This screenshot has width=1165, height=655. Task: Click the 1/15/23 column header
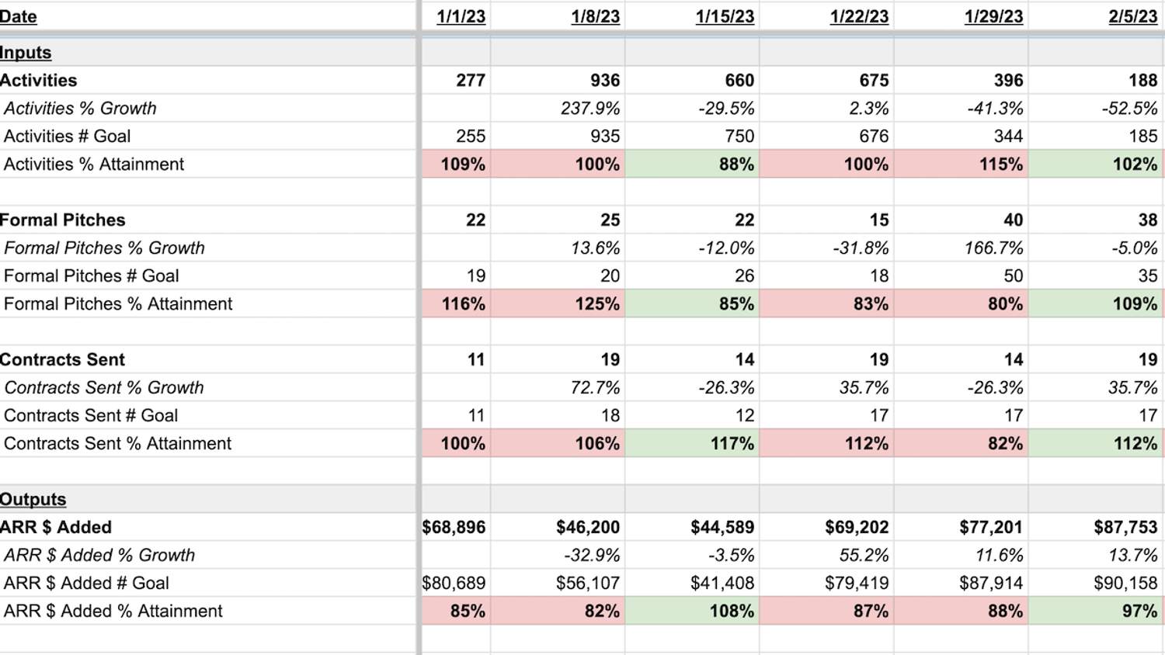coord(724,17)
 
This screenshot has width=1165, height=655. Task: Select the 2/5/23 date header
coord(1132,17)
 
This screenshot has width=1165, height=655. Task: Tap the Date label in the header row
coord(19,17)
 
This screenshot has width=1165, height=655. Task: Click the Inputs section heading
coord(26,53)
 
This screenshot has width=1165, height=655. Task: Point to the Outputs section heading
coord(33,500)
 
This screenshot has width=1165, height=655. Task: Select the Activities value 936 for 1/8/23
coord(604,81)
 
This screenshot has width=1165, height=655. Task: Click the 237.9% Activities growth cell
coord(590,109)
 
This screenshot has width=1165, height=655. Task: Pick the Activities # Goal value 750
coord(739,137)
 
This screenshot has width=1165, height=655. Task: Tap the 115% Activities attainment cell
coord(1000,165)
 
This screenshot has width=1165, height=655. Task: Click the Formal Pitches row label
coord(63,220)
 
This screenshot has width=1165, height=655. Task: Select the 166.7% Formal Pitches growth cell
coord(989,248)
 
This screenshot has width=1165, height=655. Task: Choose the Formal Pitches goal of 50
coord(1013,276)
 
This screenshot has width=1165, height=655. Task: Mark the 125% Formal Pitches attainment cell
coord(596,304)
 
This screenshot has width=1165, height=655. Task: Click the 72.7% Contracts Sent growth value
coord(595,388)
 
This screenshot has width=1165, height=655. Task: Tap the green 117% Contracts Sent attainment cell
coord(732,444)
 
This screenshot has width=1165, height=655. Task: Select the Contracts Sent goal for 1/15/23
coord(744,416)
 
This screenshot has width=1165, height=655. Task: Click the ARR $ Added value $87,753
coord(1125,528)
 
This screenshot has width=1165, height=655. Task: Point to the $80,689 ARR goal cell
coord(454,584)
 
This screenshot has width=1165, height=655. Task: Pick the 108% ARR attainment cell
coord(732,612)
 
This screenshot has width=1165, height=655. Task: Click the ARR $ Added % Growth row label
coord(99,556)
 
